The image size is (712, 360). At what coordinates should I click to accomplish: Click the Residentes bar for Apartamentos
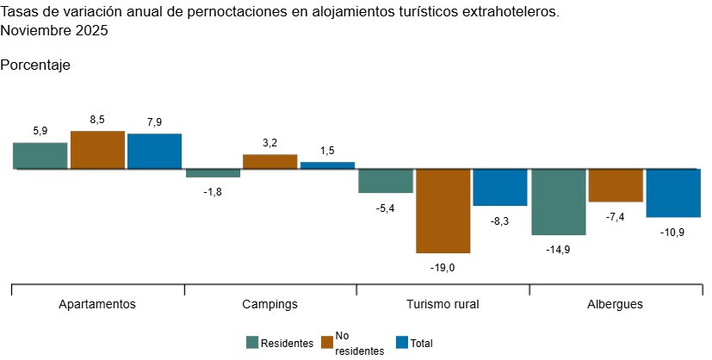pyautogui.click(x=40, y=156)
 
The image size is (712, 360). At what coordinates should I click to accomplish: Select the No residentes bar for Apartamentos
pyautogui.click(x=97, y=150)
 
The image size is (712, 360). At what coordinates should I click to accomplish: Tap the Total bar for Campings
pyautogui.click(x=327, y=165)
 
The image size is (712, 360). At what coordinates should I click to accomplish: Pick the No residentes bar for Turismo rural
pyautogui.click(x=443, y=211)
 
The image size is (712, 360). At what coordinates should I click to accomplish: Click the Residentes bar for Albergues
pyautogui.click(x=558, y=202)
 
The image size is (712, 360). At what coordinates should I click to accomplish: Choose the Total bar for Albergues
pyautogui.click(x=672, y=193)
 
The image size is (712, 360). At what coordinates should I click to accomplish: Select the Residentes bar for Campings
pyautogui.click(x=213, y=173)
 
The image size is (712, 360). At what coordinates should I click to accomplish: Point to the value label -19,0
pyautogui.click(x=443, y=268)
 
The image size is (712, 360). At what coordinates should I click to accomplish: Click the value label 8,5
pyautogui.click(x=97, y=120)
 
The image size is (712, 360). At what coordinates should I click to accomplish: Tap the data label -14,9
pyautogui.click(x=558, y=250)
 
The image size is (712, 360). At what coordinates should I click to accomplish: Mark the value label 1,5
pyautogui.click(x=327, y=151)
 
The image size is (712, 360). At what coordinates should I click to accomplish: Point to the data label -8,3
pyautogui.click(x=500, y=221)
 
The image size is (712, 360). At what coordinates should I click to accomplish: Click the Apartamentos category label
pyautogui.click(x=97, y=305)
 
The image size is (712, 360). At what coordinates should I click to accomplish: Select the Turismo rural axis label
pyautogui.click(x=443, y=305)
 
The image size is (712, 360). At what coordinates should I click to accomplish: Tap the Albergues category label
pyautogui.click(x=615, y=305)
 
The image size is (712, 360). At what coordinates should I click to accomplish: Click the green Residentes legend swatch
pyautogui.click(x=252, y=343)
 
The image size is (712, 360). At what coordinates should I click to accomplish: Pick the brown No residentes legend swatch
pyautogui.click(x=327, y=343)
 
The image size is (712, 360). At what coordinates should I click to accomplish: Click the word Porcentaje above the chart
pyautogui.click(x=35, y=65)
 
